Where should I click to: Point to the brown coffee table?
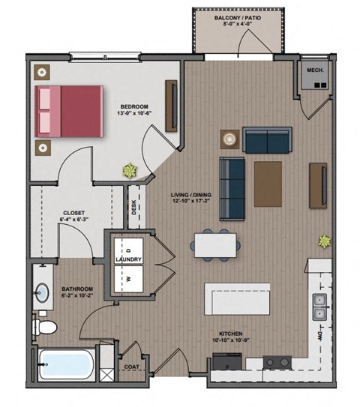click(268, 184)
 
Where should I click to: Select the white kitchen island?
click(238, 299)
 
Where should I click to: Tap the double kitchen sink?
click(319, 307)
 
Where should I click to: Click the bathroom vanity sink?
click(43, 292)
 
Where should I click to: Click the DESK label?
click(133, 201)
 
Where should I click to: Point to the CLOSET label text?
click(73, 212)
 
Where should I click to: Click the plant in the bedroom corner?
click(131, 169)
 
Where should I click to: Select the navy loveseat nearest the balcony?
click(268, 139)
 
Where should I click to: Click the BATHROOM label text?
click(77, 289)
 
